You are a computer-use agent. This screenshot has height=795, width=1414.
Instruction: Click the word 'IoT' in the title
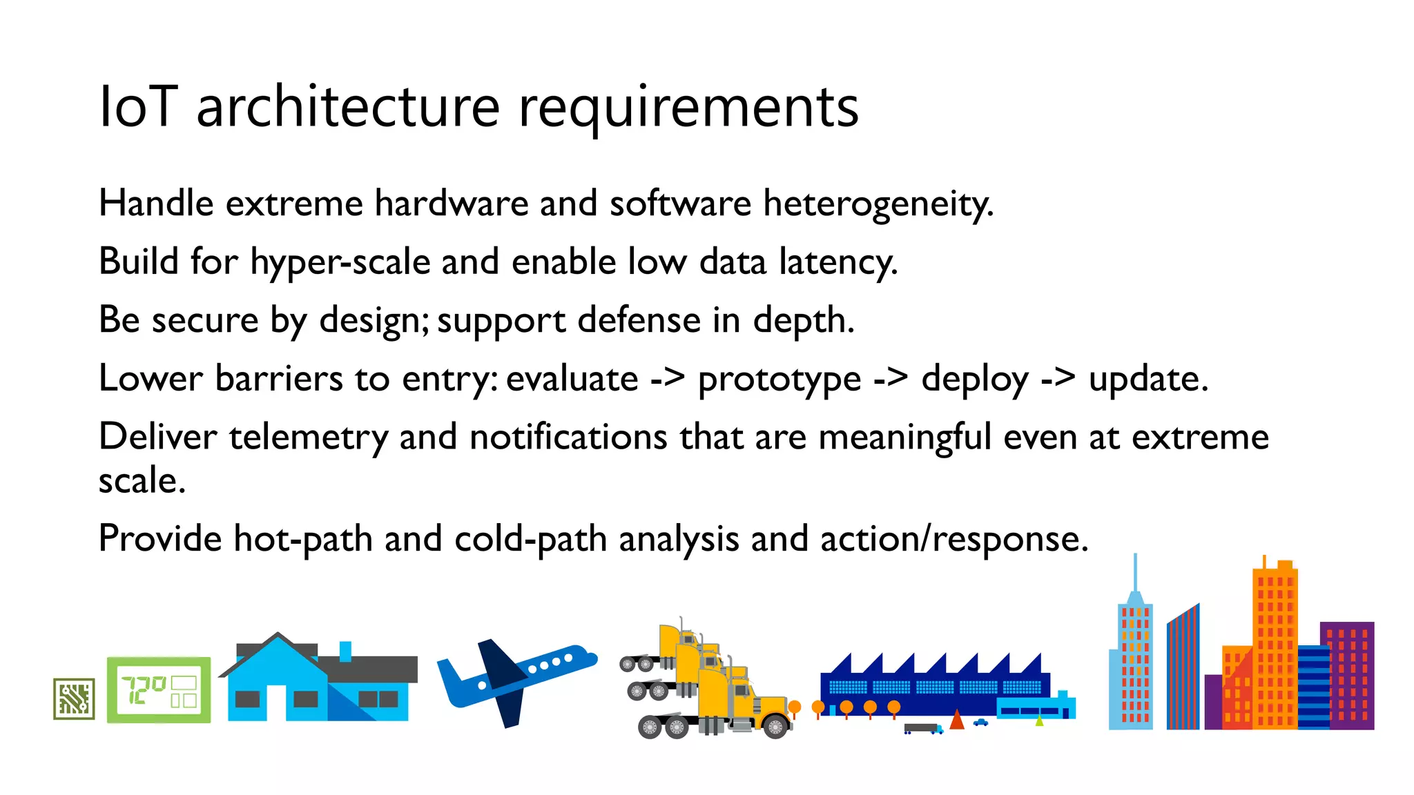(138, 107)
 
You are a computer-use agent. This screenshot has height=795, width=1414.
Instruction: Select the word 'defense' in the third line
(639, 320)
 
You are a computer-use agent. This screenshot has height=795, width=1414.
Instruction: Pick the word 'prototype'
(779, 379)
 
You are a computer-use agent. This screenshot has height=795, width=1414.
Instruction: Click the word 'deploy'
(975, 379)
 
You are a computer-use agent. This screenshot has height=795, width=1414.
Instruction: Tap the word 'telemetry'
(309, 438)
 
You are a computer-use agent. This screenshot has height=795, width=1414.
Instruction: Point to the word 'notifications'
(568, 438)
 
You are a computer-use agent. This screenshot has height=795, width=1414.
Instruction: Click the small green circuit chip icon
(74, 698)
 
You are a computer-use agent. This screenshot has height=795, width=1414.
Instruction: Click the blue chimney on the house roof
(345, 651)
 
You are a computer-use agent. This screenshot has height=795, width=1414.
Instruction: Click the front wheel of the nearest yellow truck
(775, 727)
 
